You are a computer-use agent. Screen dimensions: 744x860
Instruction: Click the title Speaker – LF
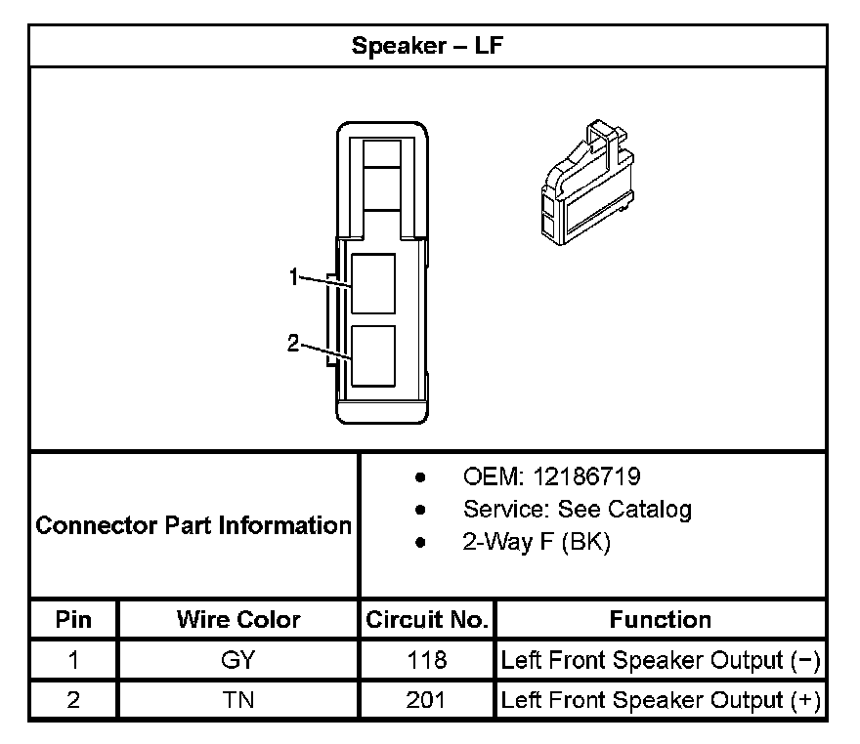(x=428, y=46)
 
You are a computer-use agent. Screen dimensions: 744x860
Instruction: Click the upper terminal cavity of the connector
(x=373, y=283)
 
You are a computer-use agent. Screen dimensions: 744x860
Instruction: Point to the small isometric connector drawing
(x=583, y=185)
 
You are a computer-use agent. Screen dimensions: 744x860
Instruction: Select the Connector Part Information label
(x=193, y=525)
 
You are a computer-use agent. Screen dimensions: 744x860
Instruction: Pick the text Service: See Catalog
(x=577, y=509)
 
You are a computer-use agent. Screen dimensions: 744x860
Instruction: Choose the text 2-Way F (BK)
(x=536, y=542)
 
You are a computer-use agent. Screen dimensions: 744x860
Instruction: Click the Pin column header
(x=73, y=619)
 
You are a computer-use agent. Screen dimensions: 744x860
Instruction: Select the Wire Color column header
(x=238, y=619)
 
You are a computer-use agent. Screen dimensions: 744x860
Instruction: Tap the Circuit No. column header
(x=427, y=619)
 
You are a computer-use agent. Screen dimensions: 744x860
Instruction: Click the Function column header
(x=661, y=619)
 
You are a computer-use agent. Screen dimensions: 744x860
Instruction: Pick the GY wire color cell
(x=238, y=660)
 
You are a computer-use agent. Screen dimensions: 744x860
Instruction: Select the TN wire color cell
(x=238, y=700)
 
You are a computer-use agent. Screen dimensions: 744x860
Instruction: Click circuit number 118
(x=427, y=660)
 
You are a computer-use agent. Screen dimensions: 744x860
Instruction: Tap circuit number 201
(x=427, y=700)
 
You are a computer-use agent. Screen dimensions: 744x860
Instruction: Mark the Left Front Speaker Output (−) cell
(x=661, y=660)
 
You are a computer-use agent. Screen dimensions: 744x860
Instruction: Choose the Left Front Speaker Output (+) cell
(x=661, y=700)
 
